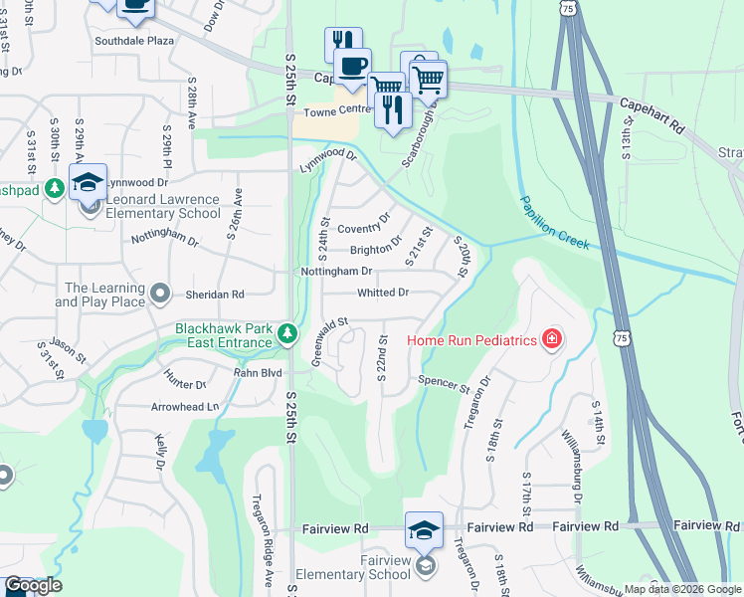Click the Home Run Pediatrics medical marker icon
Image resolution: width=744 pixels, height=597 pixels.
pyautogui.click(x=551, y=340)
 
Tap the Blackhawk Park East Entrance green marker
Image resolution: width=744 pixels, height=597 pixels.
pyautogui.click(x=287, y=332)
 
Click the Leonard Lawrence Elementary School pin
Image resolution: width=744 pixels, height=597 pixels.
pyautogui.click(x=89, y=182)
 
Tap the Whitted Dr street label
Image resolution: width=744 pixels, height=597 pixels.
pyautogui.click(x=383, y=293)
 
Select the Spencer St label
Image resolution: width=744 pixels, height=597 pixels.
pyautogui.click(x=443, y=382)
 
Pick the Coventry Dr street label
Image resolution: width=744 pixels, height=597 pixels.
pyautogui.click(x=365, y=227)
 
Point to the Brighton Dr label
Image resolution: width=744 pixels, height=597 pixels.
pyautogui.click(x=376, y=248)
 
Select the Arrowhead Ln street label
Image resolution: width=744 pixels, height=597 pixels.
pyautogui.click(x=185, y=407)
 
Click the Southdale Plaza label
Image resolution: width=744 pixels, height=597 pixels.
pyautogui.click(x=134, y=41)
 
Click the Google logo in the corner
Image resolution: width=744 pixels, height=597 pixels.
pyautogui.click(x=33, y=586)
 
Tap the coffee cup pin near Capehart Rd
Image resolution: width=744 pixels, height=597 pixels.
pyautogui.click(x=350, y=66)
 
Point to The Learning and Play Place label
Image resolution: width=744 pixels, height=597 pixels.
pyautogui.click(x=104, y=296)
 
